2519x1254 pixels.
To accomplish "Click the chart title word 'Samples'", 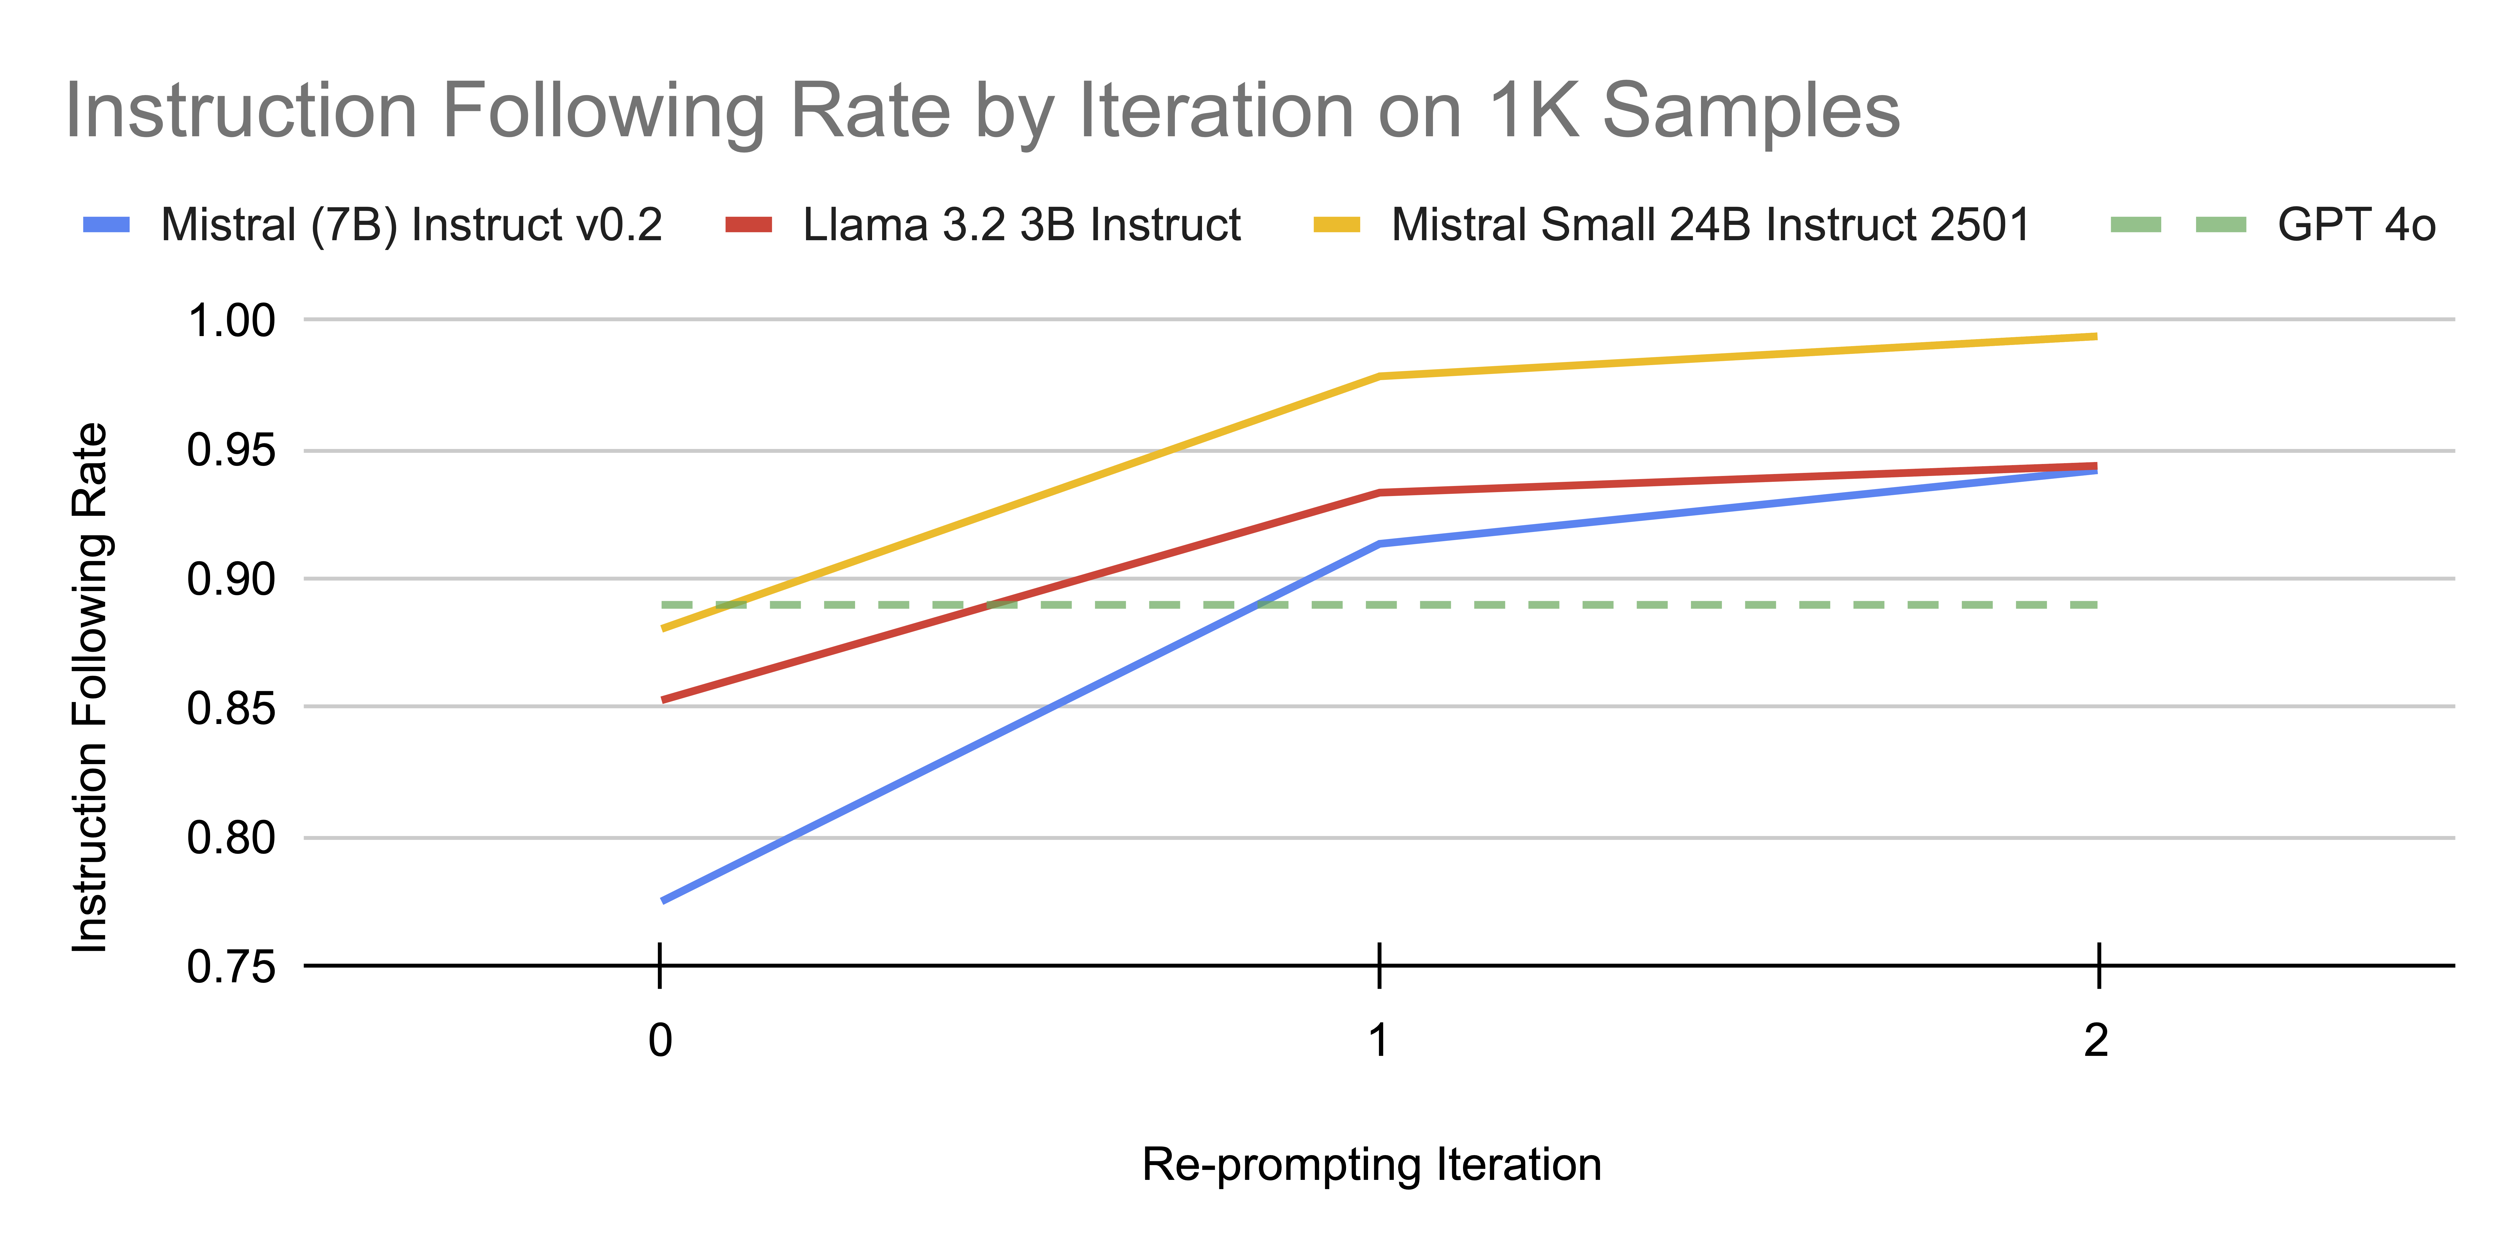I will click(1750, 111).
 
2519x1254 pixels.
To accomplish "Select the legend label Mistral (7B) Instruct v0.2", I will click(411, 225).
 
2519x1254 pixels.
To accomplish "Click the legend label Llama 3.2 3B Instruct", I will click(1021, 225).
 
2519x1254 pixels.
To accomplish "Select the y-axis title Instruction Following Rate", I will click(91, 688).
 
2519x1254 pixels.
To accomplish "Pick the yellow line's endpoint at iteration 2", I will click(2095, 336).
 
